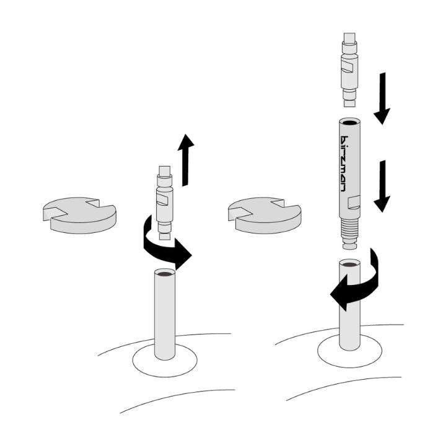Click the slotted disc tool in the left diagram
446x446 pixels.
[x=79, y=216]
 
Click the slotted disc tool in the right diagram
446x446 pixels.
[x=265, y=216]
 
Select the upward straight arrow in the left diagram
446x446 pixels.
[x=186, y=160]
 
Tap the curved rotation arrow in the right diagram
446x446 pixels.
[x=355, y=279]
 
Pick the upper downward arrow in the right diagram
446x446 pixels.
[x=382, y=98]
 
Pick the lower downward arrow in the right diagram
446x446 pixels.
[x=382, y=186]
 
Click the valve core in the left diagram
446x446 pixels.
[x=165, y=203]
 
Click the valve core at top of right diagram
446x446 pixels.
[x=349, y=69]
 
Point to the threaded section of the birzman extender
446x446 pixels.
[x=349, y=227]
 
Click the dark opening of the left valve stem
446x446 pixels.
[x=165, y=274]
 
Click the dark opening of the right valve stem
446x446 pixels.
[x=350, y=265]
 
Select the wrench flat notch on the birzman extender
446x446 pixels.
[x=354, y=203]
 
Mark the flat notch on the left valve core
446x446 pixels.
[x=162, y=200]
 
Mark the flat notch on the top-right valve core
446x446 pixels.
[x=348, y=68]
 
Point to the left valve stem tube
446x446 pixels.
[x=165, y=314]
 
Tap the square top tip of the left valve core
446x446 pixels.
[x=165, y=171]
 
